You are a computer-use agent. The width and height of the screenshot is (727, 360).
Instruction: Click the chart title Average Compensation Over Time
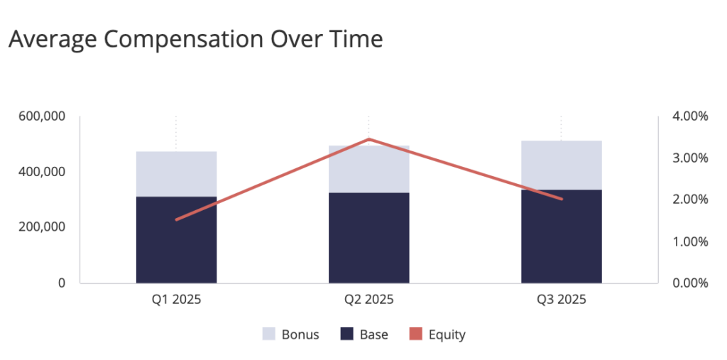point(195,39)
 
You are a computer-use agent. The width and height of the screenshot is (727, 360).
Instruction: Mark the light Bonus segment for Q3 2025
point(561,165)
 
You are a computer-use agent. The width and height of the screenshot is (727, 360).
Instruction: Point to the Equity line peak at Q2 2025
point(368,139)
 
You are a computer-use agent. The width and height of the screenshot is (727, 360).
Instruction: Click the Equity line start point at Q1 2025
point(176,219)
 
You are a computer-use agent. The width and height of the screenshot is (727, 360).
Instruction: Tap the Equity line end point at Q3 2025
point(562,199)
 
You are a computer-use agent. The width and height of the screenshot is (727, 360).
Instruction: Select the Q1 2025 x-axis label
point(176,300)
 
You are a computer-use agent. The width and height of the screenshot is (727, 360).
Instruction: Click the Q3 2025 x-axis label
point(561,300)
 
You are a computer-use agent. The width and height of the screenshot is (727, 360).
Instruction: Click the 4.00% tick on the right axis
point(689,116)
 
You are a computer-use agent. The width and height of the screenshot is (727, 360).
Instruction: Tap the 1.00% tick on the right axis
point(689,241)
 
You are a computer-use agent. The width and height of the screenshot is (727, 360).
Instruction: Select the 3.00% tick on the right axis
point(689,158)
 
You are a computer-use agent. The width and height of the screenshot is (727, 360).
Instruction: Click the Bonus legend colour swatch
point(268,334)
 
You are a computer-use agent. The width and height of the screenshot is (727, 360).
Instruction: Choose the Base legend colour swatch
point(347,334)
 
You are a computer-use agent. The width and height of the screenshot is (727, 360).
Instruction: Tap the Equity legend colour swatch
point(415,334)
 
